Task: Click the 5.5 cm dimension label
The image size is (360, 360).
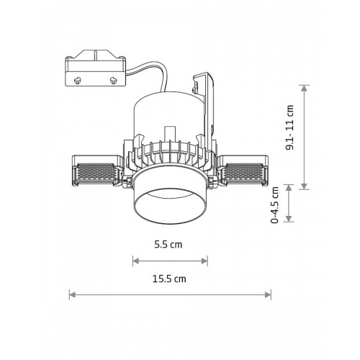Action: [168, 245]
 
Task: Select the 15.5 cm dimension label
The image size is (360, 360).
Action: [169, 279]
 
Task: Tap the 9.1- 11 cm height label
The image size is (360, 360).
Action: [289, 127]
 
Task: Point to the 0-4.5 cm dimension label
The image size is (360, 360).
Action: [275, 204]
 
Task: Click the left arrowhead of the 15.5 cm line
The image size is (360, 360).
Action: [72, 294]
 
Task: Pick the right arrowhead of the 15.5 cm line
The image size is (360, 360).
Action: [268, 294]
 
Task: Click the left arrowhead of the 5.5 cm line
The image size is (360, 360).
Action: [136, 261]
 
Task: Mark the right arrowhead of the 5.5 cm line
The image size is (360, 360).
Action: [204, 261]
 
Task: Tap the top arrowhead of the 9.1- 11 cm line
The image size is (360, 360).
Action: [304, 89]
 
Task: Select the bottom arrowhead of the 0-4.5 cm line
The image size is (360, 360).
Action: [289, 218]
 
